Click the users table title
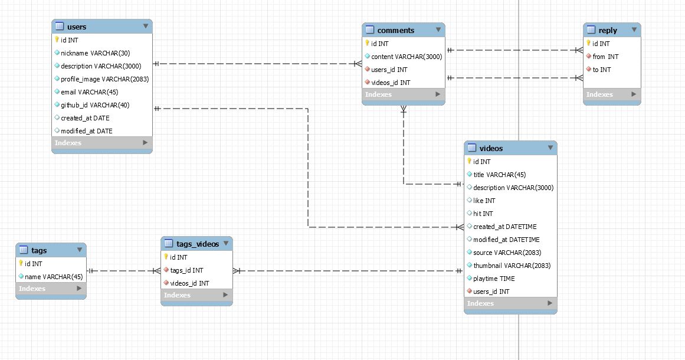pyautogui.click(x=77, y=27)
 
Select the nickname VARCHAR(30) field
pyautogui.click(x=95, y=53)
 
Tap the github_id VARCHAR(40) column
pyautogui.click(x=95, y=105)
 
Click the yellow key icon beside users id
pyautogui.click(x=57, y=40)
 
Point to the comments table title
pyautogui.click(x=396, y=30)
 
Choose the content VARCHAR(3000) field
pyautogui.click(x=407, y=56)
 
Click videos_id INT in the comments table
pyautogui.click(x=391, y=82)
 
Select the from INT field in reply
pyautogui.click(x=605, y=56)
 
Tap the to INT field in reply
pyautogui.click(x=602, y=70)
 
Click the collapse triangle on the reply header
pyautogui.click(x=634, y=30)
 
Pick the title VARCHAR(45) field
pyautogui.click(x=499, y=174)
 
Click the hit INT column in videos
pyautogui.click(x=483, y=213)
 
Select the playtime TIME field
pyautogui.click(x=494, y=279)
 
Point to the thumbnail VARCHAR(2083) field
pyautogui.click(x=512, y=265)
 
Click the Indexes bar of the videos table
pyautogui.click(x=510, y=303)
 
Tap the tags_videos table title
pyautogui.click(x=198, y=244)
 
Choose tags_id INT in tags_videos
pyautogui.click(x=186, y=270)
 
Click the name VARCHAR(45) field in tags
pyautogui.click(x=54, y=277)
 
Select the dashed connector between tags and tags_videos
pyautogui.click(x=124, y=271)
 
